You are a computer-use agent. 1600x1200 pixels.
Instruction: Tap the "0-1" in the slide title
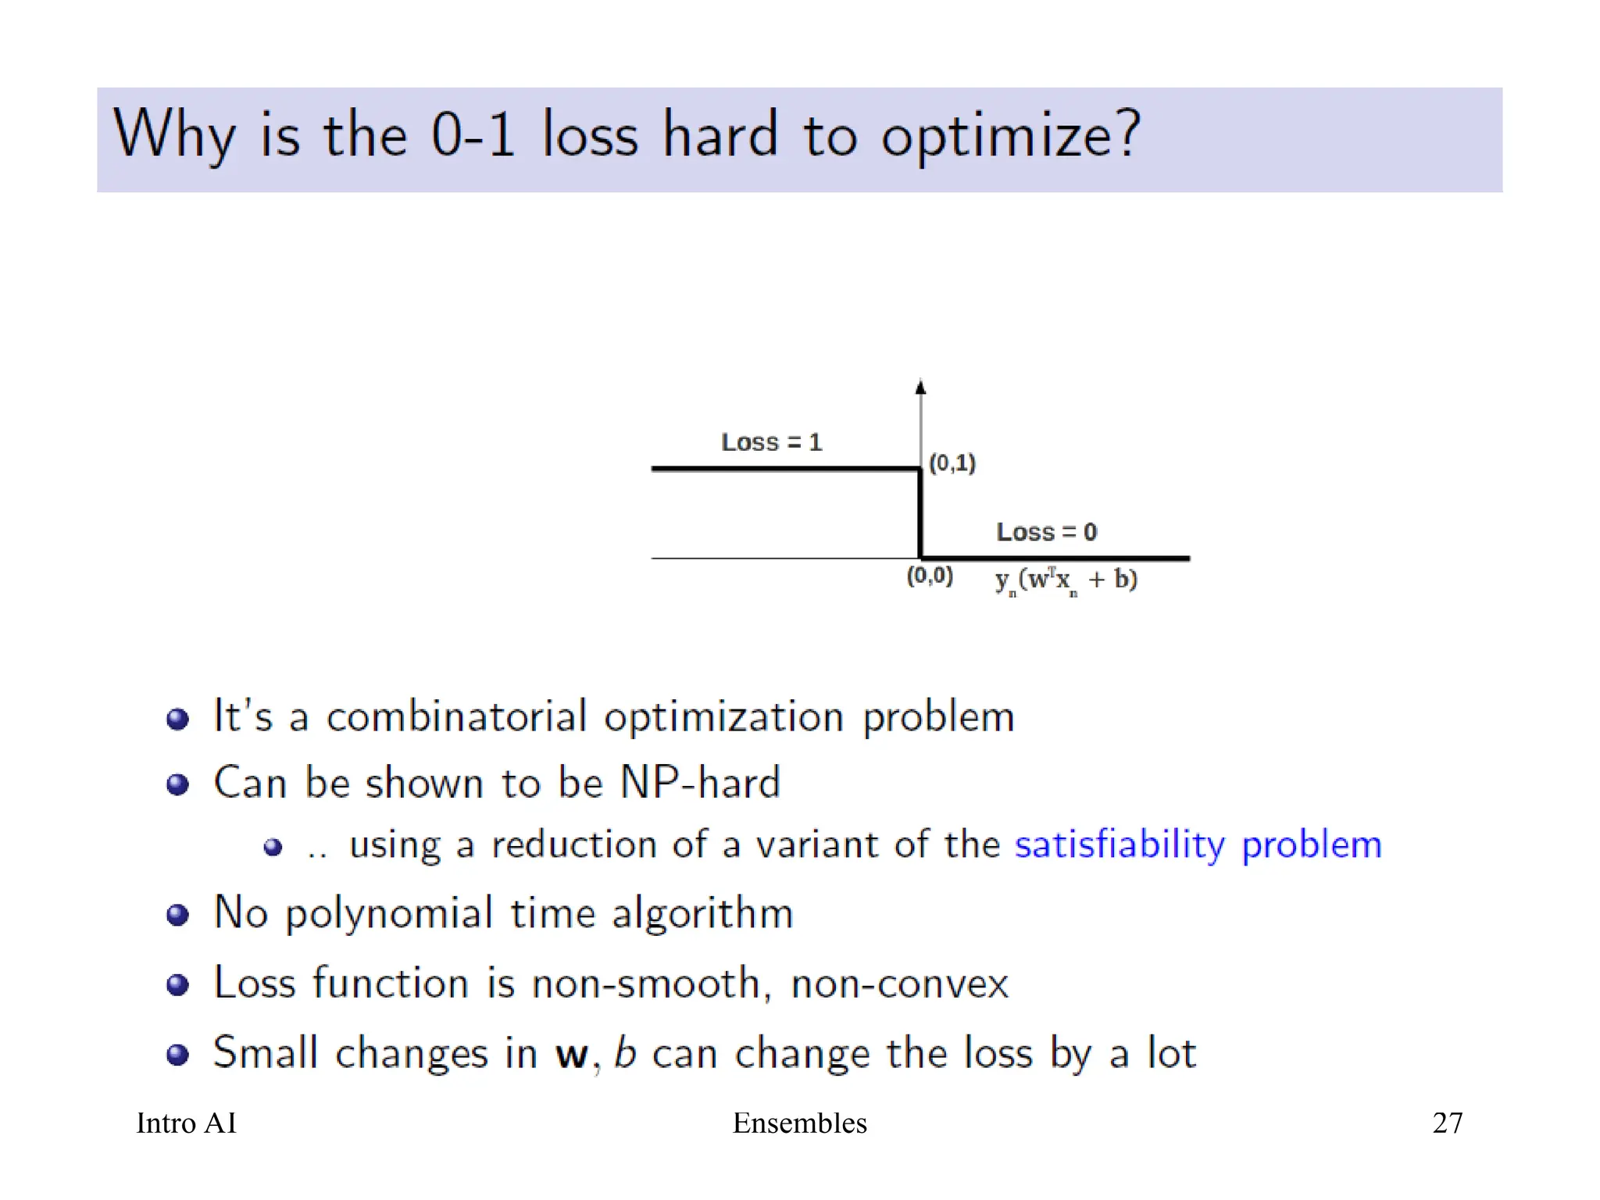tap(472, 134)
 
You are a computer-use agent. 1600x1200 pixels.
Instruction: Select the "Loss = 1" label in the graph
tap(771, 442)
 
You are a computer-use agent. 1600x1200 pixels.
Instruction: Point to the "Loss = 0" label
tap(1046, 532)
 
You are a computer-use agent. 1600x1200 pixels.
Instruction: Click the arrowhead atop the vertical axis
tap(920, 387)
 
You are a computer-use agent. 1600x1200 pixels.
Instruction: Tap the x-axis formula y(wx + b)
tap(1066, 580)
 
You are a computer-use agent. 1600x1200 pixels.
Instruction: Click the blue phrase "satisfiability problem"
tap(1198, 845)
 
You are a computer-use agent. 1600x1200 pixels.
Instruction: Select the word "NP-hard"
tap(700, 782)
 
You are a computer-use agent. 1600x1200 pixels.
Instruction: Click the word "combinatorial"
tap(456, 716)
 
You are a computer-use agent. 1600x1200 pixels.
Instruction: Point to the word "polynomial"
tap(389, 913)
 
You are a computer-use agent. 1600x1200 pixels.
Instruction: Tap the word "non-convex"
tap(899, 983)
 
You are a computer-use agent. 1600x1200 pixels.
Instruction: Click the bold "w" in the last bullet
tap(571, 1055)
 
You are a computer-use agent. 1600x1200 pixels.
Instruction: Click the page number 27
tap(1447, 1123)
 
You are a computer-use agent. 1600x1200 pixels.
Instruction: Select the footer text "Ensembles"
tap(799, 1123)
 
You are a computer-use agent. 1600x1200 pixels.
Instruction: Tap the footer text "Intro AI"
tap(186, 1123)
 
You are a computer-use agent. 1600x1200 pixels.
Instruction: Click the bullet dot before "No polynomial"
tap(178, 914)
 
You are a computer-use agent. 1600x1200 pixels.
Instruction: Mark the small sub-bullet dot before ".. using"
tap(273, 847)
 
